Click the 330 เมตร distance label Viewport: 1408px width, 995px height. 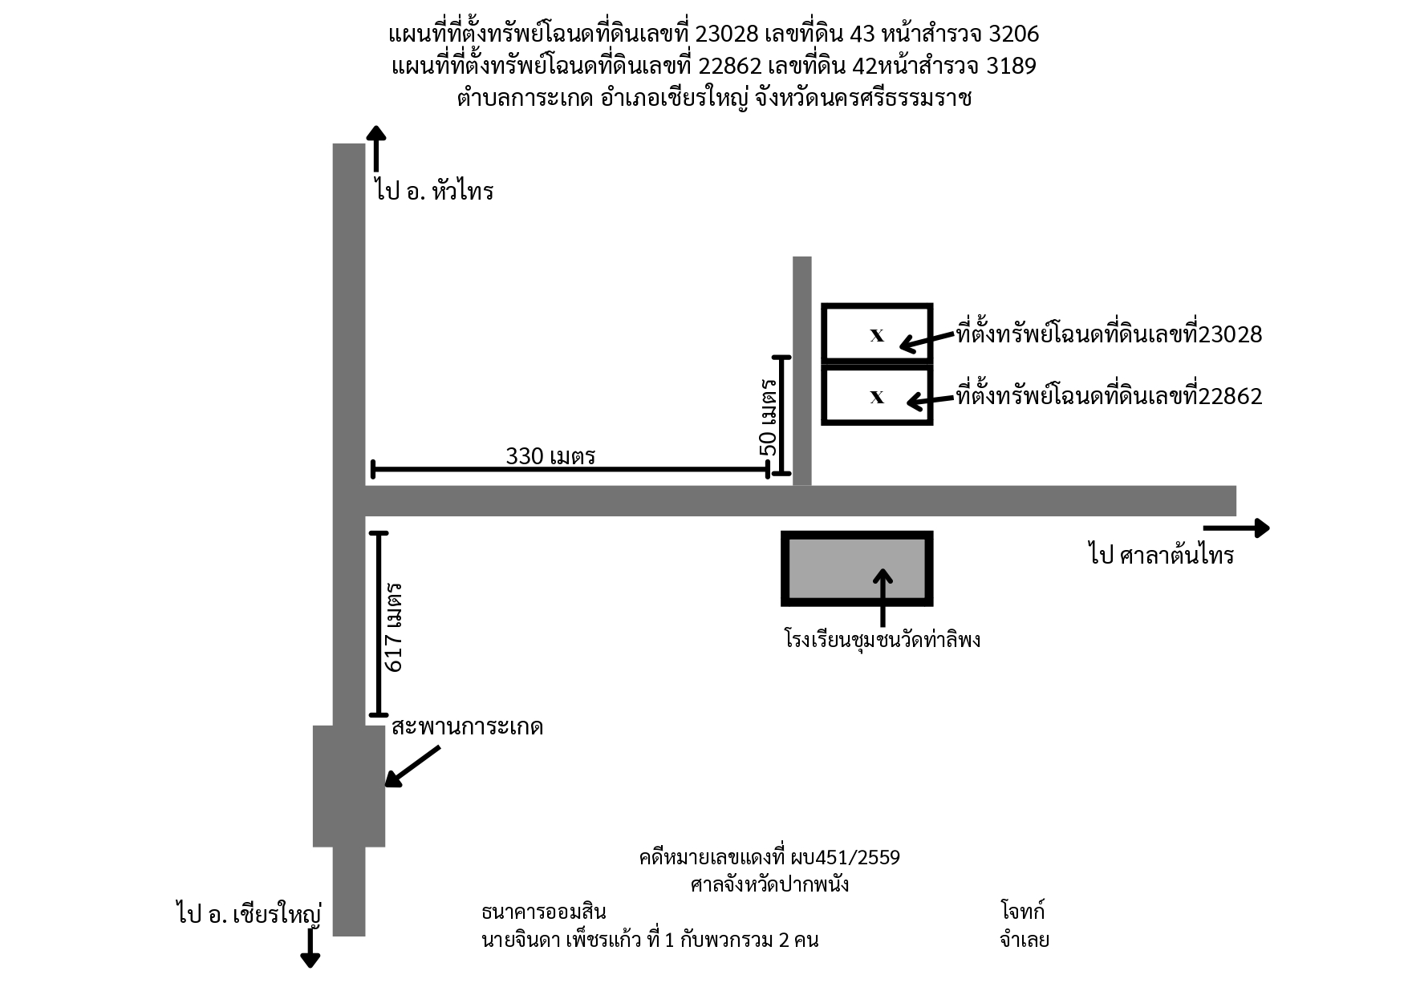550,455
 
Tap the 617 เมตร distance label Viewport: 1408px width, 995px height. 394,627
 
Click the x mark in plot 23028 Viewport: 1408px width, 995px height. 877,335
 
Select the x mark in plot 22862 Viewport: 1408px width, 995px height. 877,396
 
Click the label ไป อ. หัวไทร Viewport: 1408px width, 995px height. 433,191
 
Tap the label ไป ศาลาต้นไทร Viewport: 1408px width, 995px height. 1161,554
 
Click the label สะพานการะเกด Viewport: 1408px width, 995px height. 468,726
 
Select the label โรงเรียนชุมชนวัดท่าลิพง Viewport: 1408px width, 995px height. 883,639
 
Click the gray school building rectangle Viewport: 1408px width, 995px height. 857,568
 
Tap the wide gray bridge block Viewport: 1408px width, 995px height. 349,786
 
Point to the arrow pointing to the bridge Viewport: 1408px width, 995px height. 413,766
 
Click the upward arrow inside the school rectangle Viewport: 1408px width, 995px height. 883,597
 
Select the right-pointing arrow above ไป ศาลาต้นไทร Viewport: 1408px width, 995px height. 1236,528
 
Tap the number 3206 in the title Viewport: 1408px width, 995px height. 1015,34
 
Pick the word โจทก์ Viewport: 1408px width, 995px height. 1023,911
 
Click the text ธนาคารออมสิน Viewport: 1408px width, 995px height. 543,912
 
